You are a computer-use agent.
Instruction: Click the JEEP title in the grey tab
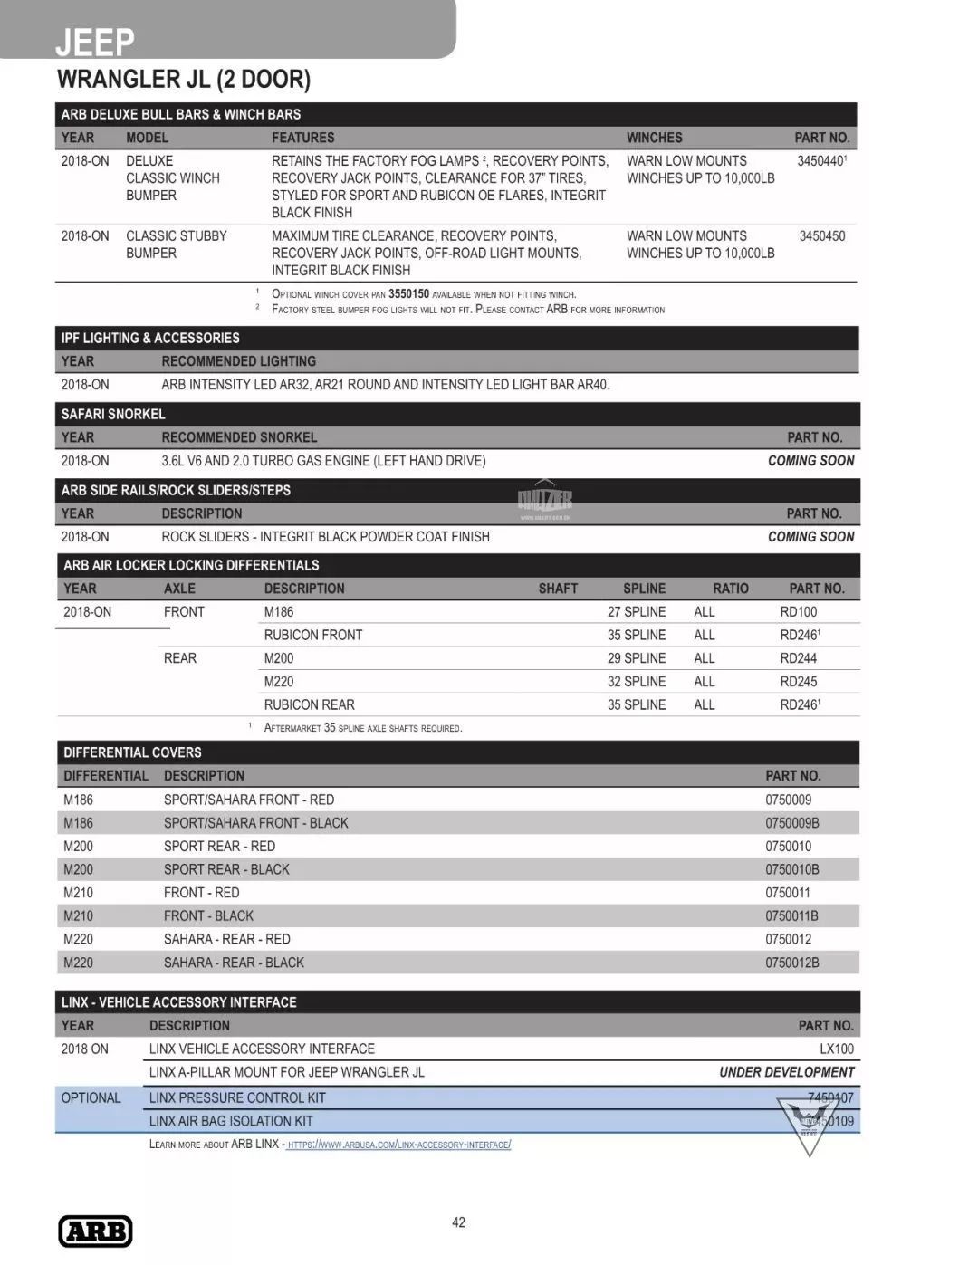click(94, 42)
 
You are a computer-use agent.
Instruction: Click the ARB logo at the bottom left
click(95, 1231)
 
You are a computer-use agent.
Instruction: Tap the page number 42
click(458, 1222)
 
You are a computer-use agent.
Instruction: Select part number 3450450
click(821, 236)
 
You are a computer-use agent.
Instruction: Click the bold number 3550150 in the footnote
click(408, 294)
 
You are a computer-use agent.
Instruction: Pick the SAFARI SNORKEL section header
click(113, 414)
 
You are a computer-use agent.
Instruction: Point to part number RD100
click(798, 612)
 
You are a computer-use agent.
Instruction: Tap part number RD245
click(798, 682)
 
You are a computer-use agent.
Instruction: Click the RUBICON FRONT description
click(312, 635)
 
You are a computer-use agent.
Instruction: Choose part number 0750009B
click(791, 823)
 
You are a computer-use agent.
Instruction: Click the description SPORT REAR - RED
click(219, 847)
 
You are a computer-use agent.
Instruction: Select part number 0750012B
click(791, 963)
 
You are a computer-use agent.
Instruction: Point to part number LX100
click(836, 1049)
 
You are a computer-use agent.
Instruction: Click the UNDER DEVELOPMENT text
click(786, 1072)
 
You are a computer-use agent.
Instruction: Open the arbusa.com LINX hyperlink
click(398, 1145)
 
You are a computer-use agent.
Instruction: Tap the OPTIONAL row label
click(91, 1098)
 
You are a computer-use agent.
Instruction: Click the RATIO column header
click(730, 589)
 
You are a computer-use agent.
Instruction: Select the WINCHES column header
click(654, 138)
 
